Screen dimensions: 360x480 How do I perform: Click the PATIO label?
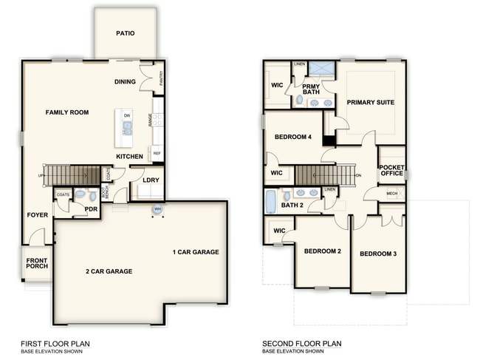coord(125,33)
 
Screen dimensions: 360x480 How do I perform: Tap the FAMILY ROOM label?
coord(67,112)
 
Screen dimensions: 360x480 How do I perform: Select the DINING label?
coord(125,81)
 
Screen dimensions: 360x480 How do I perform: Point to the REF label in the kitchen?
coord(157,153)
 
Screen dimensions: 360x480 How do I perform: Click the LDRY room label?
coord(151,180)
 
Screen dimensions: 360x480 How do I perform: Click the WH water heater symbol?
coord(157,209)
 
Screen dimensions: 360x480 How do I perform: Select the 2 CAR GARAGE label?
coord(109,271)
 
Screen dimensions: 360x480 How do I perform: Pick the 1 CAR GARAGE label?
coord(196,252)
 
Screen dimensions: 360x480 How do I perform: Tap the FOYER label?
coord(38,216)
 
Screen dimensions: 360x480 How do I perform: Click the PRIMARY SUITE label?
coord(370,102)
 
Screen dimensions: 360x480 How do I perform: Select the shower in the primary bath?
coord(321,70)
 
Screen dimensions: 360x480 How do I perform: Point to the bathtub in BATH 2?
coord(271,200)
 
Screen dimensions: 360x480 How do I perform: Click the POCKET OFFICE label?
coord(391,170)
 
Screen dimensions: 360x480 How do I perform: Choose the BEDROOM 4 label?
coord(293,137)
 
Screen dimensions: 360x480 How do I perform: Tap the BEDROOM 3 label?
coord(378,254)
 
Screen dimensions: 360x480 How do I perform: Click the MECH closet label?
coord(391,194)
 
